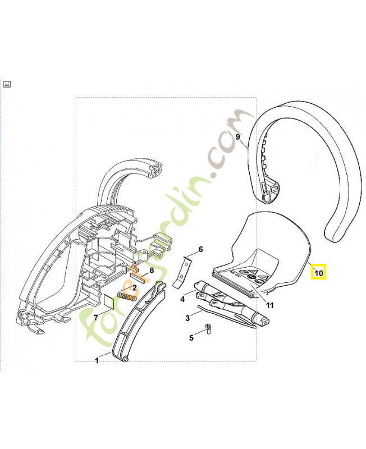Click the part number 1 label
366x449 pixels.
coord(97,361)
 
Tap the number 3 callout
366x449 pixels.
coord(188,318)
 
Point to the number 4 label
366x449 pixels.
coord(182,300)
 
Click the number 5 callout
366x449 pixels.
coord(191,338)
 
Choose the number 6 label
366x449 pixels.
coord(200,249)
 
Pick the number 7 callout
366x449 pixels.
coord(96,317)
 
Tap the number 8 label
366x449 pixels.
coord(151,271)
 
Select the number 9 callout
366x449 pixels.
coord(238,136)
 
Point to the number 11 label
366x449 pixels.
coord(269,306)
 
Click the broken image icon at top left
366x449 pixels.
coord(7,84)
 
